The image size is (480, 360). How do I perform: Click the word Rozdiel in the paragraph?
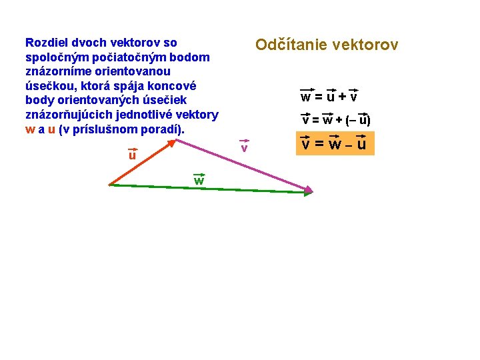pyautogui.click(x=45, y=43)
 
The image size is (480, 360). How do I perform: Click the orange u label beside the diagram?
pyautogui.click(x=132, y=155)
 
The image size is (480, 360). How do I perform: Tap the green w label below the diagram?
pyautogui.click(x=199, y=181)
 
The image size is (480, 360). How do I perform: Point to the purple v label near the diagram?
pyautogui.click(x=244, y=147)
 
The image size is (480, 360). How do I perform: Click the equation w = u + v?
pyautogui.click(x=329, y=97)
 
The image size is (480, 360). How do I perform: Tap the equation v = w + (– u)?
pyautogui.click(x=336, y=121)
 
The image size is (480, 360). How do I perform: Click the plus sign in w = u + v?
pyautogui.click(x=341, y=97)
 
